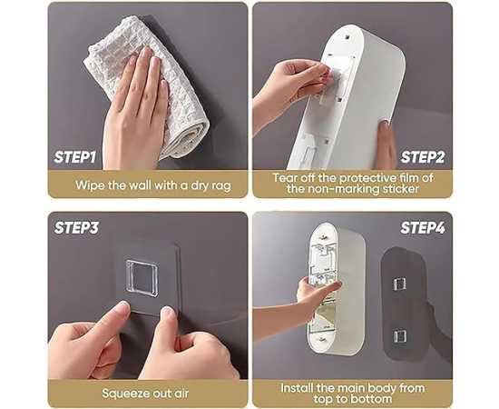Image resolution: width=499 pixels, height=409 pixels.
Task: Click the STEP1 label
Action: point(74,157)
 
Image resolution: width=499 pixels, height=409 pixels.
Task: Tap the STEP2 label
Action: point(422,157)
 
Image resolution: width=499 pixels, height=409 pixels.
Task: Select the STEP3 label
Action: point(76,227)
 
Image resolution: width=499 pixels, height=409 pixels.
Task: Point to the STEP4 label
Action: point(423,227)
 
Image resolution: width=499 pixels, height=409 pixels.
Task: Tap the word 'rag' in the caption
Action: point(220,185)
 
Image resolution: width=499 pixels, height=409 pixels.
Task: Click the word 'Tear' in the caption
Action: point(285,177)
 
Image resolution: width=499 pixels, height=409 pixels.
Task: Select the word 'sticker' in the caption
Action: point(401,189)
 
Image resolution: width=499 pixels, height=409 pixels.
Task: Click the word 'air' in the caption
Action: point(181,393)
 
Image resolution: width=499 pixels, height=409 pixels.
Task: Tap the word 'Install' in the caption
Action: point(297,388)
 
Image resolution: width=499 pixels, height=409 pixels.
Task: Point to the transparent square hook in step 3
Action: point(142,278)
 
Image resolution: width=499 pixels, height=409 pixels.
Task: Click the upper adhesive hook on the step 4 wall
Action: point(400,284)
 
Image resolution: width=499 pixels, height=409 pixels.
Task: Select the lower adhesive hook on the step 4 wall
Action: point(400,336)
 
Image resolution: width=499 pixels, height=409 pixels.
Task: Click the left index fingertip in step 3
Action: point(122,306)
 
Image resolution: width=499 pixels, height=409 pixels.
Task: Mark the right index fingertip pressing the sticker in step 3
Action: point(168,313)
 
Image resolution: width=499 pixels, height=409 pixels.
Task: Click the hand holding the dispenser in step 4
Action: point(315,294)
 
